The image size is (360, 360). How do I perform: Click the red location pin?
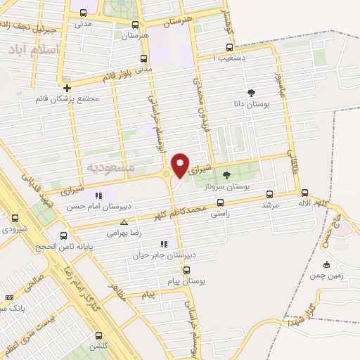tap(180, 165)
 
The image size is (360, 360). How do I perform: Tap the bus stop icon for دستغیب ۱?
tap(227, 47)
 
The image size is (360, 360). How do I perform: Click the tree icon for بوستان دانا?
tap(251, 93)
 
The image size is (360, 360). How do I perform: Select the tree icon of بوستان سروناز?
tap(226, 176)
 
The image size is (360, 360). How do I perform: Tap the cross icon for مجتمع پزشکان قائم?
tap(67, 88)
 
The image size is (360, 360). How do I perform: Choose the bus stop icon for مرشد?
tap(269, 194)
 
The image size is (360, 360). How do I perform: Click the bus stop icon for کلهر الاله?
tap(304, 193)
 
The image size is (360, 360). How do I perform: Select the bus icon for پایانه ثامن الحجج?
tap(64, 236)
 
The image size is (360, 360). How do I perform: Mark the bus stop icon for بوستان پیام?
tap(186, 269)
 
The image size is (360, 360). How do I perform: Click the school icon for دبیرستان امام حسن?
tap(98, 195)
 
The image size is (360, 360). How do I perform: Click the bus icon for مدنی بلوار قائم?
tap(145, 58)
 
